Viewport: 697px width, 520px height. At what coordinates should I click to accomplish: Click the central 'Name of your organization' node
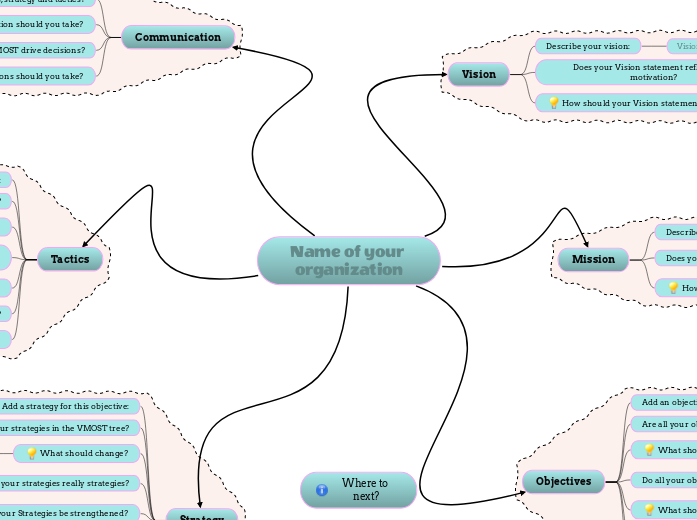348,261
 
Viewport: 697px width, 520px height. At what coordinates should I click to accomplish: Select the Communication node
178,38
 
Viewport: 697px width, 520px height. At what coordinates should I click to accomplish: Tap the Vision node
478,74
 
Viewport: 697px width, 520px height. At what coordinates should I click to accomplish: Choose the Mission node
593,260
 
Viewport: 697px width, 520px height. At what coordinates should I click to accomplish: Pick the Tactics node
70,260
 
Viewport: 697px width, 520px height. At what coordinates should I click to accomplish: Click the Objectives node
563,482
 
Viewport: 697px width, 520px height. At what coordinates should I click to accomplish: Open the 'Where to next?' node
358,490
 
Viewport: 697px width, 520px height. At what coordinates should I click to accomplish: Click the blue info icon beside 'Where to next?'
322,490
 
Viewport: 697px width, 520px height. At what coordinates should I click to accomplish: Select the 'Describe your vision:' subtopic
587,46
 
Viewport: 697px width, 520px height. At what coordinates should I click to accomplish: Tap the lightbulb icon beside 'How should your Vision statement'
553,103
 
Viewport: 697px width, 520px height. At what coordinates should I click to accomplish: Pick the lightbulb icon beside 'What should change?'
32,454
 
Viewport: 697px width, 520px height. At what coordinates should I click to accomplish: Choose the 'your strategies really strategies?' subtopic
64,483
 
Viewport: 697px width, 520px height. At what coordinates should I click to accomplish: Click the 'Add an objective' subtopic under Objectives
665,402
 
